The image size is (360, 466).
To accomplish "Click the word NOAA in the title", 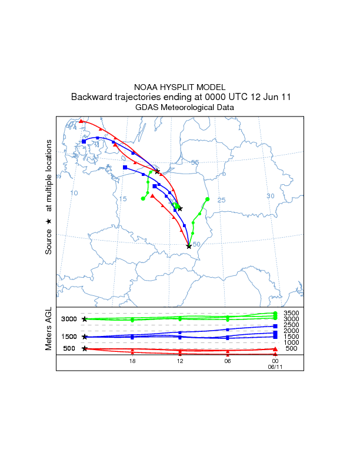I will pos(147,86).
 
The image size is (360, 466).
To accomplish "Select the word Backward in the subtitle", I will pos(94,97).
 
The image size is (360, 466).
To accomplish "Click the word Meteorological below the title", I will pos(187,108).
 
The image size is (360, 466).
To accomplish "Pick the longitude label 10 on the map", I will pos(74,193).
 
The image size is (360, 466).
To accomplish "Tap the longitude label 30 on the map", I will pos(271,196).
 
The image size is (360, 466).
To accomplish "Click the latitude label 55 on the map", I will pos(195,162).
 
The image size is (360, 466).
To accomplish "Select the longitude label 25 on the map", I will pos(222,200).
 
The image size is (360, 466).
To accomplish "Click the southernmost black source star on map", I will pos(189,247).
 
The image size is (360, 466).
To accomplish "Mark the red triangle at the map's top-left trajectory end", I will pos(81,121).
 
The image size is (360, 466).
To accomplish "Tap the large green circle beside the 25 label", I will pos(208,199).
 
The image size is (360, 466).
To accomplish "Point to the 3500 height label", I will pos(292,313).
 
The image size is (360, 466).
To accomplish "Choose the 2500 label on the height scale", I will pos(292,325).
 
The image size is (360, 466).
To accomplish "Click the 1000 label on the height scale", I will pos(292,342).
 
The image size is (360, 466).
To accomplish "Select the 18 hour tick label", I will pos(133,361).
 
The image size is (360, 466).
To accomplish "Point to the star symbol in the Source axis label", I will pos(49,221).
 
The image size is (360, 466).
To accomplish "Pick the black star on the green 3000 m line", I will pos(85,319).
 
